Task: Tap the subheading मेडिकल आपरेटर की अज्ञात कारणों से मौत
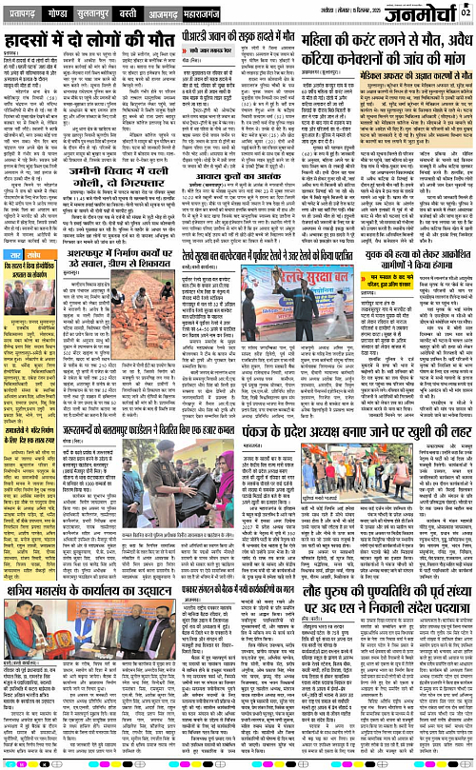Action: pos(396,78)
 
